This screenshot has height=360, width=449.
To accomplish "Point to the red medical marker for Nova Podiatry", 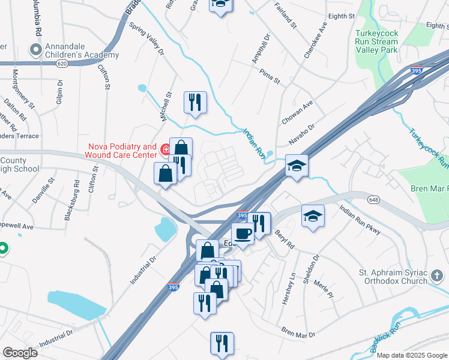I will point(165,148).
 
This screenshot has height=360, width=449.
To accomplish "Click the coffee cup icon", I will point(243,233).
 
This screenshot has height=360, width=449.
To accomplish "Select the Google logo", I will point(20,352).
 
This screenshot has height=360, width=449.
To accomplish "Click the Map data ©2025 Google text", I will point(412,355).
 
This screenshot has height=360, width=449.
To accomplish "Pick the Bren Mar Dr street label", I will point(298,331).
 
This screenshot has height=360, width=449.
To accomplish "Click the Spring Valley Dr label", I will point(146,39).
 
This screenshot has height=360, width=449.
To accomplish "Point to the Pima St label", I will point(270,76).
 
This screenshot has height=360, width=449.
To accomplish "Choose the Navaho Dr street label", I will point(302,134).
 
